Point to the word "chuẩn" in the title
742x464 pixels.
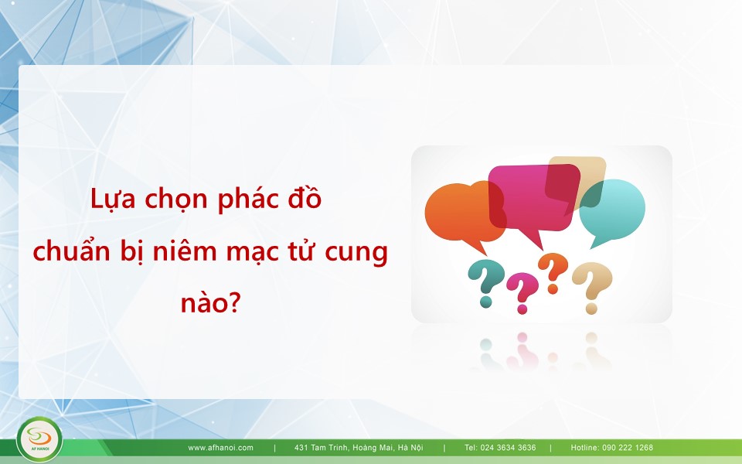(x=71, y=251)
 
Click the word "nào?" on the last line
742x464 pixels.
(x=211, y=302)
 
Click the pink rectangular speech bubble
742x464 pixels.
(x=534, y=198)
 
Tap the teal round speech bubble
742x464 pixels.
(x=612, y=211)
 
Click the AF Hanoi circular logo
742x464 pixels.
(x=39, y=439)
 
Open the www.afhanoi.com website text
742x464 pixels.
(x=220, y=448)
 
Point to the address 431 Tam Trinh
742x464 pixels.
(x=359, y=448)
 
